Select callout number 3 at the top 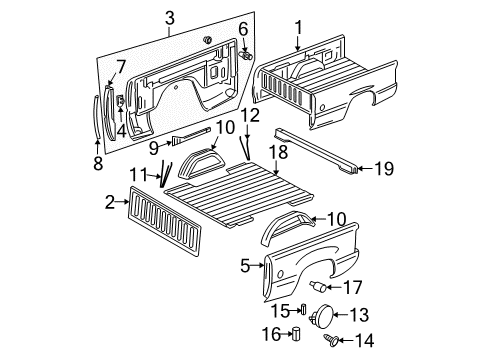170,17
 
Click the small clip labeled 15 309,308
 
